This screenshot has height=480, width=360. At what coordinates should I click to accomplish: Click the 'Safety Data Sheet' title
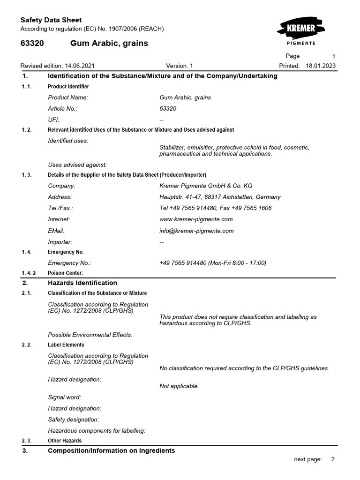(51, 20)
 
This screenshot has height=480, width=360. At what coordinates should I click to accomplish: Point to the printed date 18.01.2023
(321, 66)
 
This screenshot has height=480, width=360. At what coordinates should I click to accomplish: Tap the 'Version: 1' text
(180, 66)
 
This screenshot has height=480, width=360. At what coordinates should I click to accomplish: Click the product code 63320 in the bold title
(32, 43)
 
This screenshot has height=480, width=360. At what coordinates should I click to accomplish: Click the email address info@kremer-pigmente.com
(196, 231)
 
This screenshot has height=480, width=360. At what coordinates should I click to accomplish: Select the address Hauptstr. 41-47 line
(220, 197)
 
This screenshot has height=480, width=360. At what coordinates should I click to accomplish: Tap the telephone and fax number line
(215, 208)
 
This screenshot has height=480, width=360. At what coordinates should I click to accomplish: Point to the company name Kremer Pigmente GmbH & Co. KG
(206, 186)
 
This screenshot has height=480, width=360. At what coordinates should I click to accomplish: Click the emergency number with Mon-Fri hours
(213, 263)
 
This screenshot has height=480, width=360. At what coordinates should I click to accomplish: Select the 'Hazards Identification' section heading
(82, 283)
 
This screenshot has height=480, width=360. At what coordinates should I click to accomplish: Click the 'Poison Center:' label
(65, 273)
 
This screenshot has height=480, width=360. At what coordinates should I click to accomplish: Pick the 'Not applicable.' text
(179, 386)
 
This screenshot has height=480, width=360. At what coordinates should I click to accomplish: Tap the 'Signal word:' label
(65, 397)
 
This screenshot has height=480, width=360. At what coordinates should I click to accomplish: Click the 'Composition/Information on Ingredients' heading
(112, 450)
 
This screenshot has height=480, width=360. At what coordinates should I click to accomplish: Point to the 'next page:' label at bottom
(308, 459)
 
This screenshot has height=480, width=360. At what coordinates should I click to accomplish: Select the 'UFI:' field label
(54, 120)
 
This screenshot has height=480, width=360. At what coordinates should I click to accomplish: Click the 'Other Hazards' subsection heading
(65, 441)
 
